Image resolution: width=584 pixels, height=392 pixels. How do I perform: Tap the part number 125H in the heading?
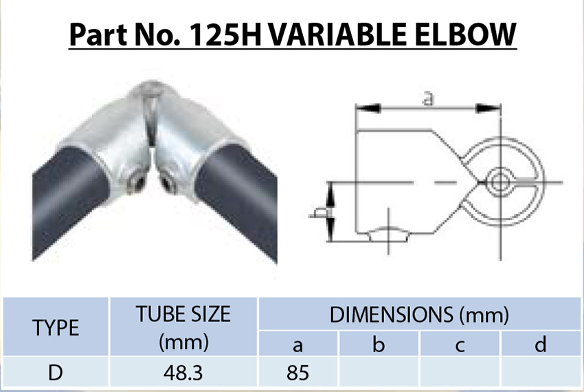point(221,34)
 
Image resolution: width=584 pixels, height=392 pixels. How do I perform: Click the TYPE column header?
point(56,328)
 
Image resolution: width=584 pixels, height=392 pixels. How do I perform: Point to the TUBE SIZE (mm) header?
point(183,327)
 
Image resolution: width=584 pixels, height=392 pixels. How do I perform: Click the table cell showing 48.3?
point(183,373)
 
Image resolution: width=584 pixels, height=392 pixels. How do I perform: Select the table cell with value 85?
point(297,373)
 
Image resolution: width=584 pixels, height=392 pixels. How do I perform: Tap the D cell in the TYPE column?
point(56,373)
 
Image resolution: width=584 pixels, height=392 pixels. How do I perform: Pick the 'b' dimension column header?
point(379,345)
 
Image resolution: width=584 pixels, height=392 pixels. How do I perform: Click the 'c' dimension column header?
point(460,345)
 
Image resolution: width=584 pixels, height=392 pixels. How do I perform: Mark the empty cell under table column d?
point(541,373)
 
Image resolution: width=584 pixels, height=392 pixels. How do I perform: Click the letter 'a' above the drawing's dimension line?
point(427,100)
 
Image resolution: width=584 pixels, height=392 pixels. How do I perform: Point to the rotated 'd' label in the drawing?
point(318,213)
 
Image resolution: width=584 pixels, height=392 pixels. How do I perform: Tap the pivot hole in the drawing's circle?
point(502,182)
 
